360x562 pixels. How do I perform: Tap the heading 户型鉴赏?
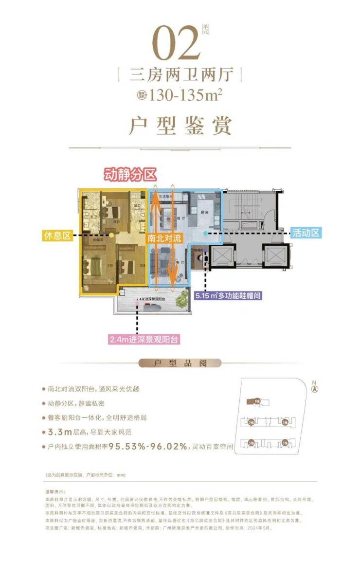(180, 126)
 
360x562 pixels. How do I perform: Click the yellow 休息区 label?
(57, 236)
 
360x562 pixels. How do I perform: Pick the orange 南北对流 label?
(164, 239)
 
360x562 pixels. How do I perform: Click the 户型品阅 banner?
(180, 363)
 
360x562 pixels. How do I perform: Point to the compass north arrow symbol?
(315, 389)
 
